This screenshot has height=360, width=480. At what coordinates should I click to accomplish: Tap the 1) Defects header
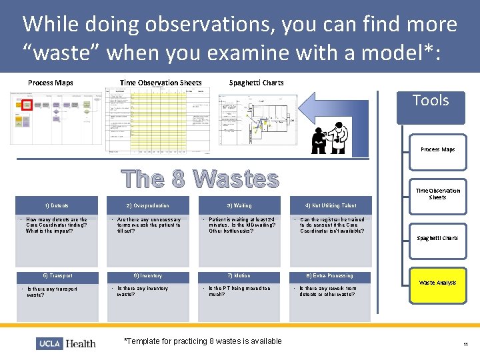[56, 205]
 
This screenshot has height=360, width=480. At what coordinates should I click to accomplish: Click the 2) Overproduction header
[147, 205]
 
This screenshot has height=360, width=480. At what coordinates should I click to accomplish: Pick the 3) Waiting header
[239, 205]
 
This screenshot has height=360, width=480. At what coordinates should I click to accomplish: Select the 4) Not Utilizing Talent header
[330, 205]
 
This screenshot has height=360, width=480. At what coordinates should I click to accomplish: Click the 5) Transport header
[56, 276]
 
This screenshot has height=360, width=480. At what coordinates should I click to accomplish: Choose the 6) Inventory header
[147, 276]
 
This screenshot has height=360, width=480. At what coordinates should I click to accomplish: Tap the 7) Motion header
[239, 276]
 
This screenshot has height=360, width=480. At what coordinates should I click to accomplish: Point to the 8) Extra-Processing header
[330, 276]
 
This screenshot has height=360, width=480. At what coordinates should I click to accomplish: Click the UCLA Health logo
[66, 343]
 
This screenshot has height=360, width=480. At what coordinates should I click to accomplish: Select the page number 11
[465, 344]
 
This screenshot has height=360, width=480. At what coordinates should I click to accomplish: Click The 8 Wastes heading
[200, 179]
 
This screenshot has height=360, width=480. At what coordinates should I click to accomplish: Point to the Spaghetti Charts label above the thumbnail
[256, 83]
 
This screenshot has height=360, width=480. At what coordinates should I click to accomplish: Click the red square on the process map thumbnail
[27, 104]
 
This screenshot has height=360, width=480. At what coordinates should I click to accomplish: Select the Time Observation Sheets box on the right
[437, 194]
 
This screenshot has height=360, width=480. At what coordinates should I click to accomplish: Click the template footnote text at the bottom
[203, 341]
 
